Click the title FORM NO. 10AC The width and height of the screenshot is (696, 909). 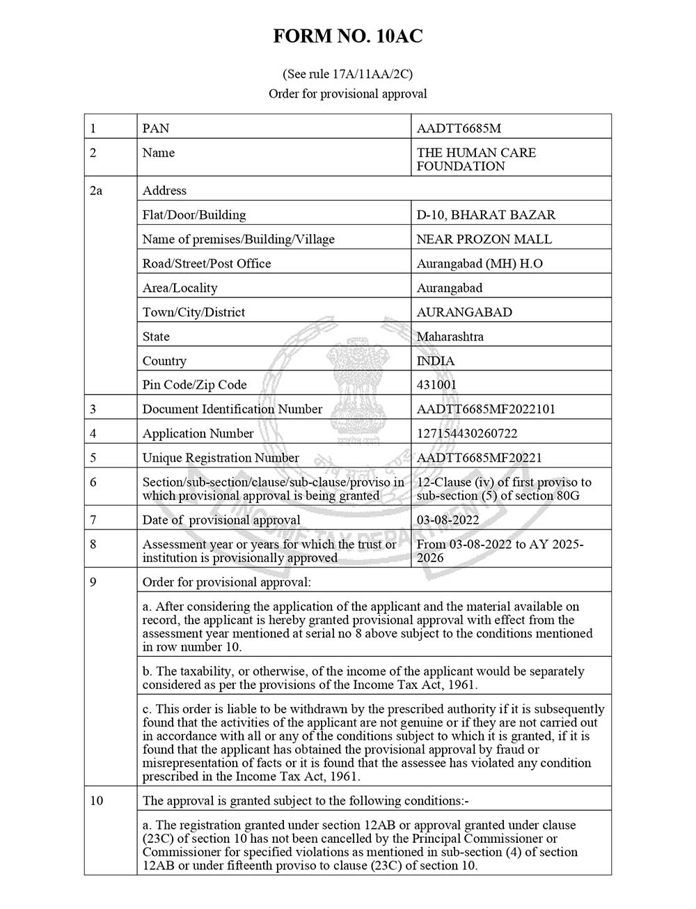(x=347, y=36)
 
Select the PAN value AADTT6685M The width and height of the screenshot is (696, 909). (x=459, y=129)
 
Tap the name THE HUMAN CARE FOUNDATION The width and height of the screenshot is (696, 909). (x=476, y=160)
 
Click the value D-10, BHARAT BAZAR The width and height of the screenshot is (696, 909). (x=486, y=215)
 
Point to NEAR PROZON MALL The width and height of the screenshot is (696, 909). (x=484, y=240)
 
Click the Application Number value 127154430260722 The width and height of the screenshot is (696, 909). (x=467, y=434)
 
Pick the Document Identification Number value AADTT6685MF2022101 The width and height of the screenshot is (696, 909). (x=486, y=410)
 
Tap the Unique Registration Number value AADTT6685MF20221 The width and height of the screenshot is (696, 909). (x=479, y=458)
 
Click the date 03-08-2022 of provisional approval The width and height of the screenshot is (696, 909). (x=448, y=520)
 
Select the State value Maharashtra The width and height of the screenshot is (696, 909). (x=450, y=337)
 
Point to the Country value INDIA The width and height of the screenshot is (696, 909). (x=435, y=362)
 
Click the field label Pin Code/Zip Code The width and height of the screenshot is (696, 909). (x=194, y=385)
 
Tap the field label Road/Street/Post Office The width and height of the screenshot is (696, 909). (x=207, y=264)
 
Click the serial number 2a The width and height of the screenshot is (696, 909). (x=96, y=191)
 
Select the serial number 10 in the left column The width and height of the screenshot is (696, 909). (x=96, y=801)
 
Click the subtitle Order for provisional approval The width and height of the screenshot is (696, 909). (x=347, y=94)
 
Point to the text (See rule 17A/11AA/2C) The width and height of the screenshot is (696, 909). (x=347, y=74)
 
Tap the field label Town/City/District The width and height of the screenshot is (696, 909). (x=193, y=313)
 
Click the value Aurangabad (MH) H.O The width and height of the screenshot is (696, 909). (x=479, y=264)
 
